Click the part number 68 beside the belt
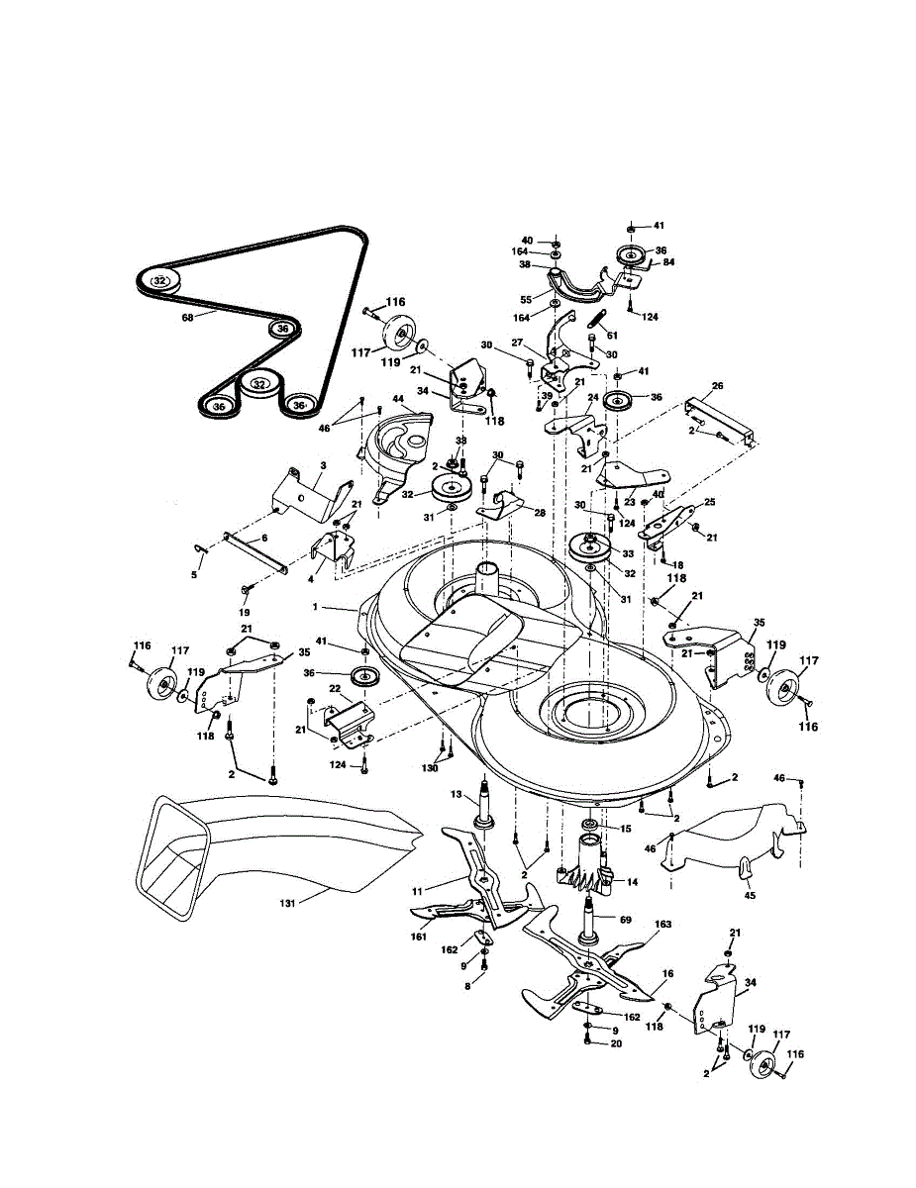click(x=187, y=318)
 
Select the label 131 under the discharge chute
click(x=286, y=904)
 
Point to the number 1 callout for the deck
click(x=315, y=607)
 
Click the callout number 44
click(x=398, y=399)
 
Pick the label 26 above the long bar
click(x=718, y=386)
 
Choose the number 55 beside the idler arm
click(x=526, y=300)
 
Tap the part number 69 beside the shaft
click(x=626, y=920)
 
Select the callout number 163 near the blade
click(x=662, y=924)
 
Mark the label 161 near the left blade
click(x=418, y=937)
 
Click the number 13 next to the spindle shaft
click(x=457, y=794)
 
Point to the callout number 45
click(x=750, y=896)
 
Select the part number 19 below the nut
click(x=244, y=612)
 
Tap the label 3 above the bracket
click(x=323, y=465)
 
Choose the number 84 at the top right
click(x=668, y=262)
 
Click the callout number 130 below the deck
click(x=430, y=768)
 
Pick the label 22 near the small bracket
click(x=335, y=688)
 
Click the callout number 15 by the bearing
click(x=626, y=829)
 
